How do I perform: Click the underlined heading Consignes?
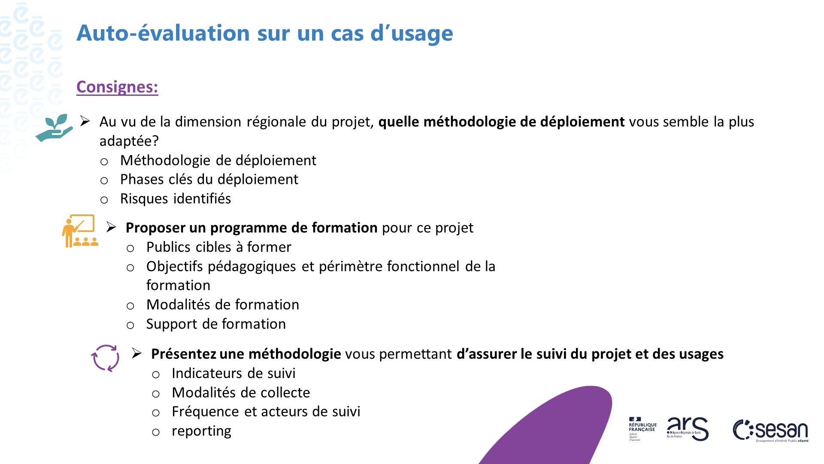[117, 87]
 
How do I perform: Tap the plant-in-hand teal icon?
[55, 128]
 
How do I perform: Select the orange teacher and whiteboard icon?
[80, 231]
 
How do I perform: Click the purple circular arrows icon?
[105, 358]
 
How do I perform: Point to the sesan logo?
[771, 430]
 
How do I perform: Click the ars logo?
[687, 429]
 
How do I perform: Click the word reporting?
[201, 431]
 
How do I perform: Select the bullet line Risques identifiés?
[176, 199]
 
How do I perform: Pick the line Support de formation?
[216, 324]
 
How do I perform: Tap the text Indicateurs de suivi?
[233, 373]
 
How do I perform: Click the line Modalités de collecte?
[241, 393]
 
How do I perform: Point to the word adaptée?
[129, 141]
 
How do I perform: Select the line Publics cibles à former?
[218, 247]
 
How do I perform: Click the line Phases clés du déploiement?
[209, 180]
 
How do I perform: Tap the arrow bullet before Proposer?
[112, 227]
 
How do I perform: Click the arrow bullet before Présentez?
[137, 354]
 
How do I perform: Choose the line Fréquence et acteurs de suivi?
[266, 412]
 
